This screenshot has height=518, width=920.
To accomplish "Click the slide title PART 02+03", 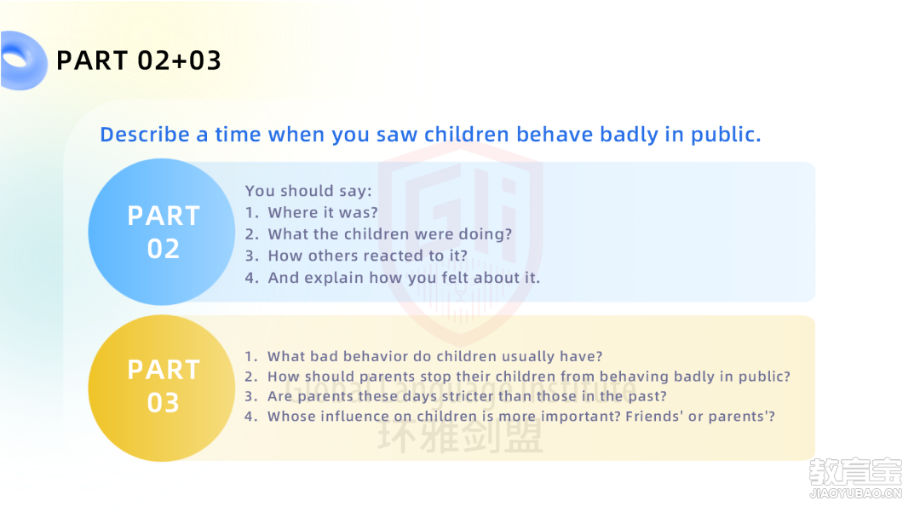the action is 139,60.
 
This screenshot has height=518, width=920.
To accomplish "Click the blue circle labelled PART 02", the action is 162,232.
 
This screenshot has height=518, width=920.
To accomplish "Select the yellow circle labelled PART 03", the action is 162,388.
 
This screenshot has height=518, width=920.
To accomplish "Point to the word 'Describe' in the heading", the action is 145,135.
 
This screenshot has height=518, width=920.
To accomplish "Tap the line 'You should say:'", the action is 308,191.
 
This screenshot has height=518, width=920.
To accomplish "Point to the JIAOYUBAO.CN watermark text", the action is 855,493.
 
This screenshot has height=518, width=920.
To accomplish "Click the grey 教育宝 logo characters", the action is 855,472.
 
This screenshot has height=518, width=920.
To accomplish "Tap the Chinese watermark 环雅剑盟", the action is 461,437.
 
